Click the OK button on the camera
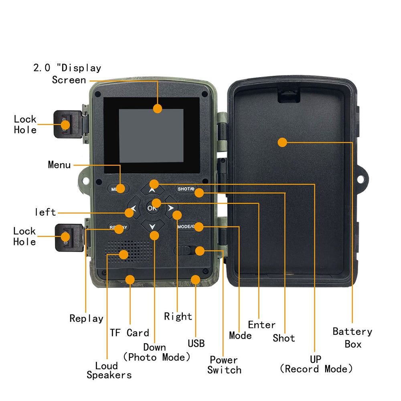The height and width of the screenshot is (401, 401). coord(152,208)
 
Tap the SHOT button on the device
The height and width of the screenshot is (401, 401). coord(185,189)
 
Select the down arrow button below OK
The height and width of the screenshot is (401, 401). coord(152,226)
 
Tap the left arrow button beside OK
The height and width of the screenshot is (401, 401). coord(133,209)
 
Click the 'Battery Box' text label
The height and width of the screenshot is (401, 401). coord(352,338)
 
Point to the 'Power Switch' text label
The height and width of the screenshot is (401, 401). coord(224,365)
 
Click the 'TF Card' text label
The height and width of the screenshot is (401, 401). coord(129,333)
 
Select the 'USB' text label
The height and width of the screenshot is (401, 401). coord(196,343)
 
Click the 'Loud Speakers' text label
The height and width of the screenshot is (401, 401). coord(109,371)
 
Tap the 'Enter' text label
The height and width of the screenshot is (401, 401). coord(261,325)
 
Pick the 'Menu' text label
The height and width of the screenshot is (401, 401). coord(59,165)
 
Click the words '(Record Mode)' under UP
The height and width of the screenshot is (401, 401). coord(316,369)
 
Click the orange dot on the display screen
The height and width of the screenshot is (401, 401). coord(158,108)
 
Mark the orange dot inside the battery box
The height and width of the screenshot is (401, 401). coord(282,142)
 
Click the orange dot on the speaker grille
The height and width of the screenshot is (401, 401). coord(124,254)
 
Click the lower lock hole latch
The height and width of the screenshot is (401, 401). coord(66,236)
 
